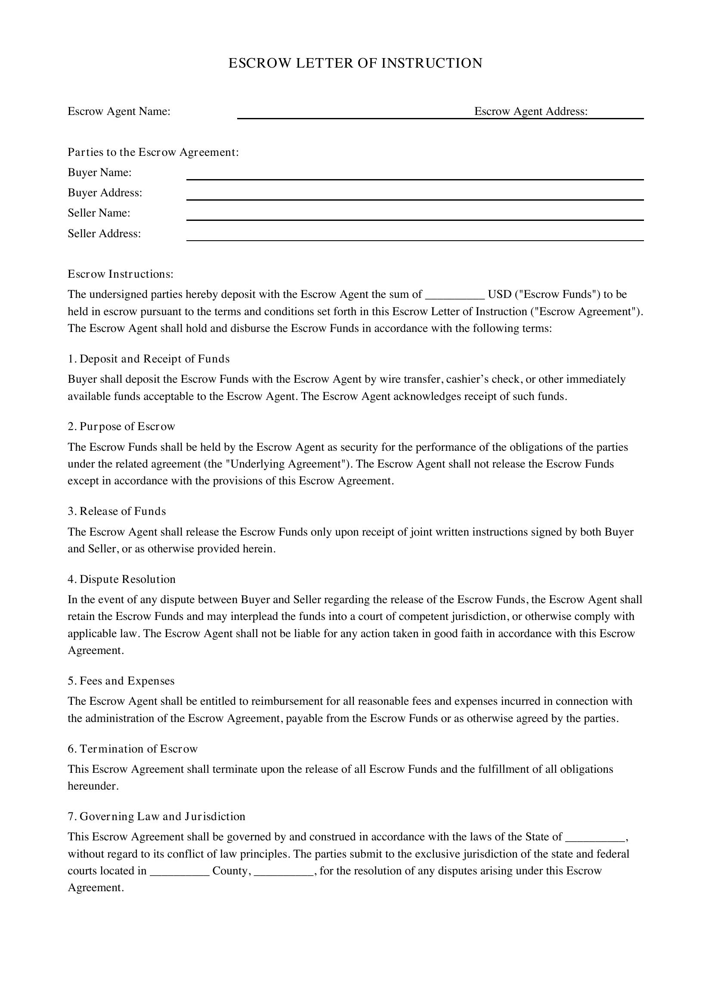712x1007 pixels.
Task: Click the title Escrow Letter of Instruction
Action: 355,63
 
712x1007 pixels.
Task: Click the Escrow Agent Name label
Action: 119,112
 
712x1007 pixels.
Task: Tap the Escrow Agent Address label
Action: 530,112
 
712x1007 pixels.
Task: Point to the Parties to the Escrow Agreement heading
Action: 153,152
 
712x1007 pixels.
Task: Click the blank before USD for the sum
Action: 455,295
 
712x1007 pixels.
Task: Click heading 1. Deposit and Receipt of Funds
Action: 149,359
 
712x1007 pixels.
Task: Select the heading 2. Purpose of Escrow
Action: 121,426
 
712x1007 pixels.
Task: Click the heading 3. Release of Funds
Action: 117,511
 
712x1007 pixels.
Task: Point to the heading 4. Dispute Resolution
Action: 122,579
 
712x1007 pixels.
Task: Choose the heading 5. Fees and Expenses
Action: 121,681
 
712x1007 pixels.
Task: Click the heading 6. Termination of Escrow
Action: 133,749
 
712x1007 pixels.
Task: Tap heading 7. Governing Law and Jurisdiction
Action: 157,816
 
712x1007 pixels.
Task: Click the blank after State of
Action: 595,838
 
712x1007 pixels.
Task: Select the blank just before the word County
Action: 180,871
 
